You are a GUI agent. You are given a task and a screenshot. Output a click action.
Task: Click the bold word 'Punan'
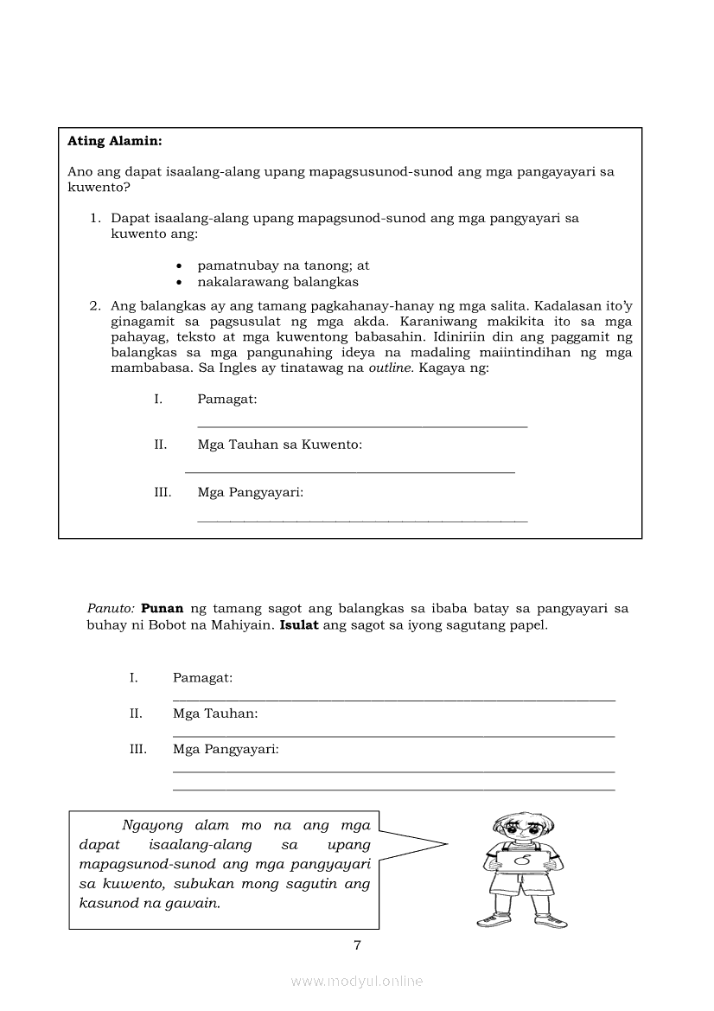(x=162, y=608)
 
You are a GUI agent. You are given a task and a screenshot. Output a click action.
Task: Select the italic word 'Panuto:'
(x=110, y=608)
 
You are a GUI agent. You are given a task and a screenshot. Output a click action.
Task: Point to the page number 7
(x=357, y=944)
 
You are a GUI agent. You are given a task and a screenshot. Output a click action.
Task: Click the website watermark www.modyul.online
(x=357, y=981)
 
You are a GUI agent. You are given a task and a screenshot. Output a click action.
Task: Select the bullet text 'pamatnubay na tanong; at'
(x=283, y=266)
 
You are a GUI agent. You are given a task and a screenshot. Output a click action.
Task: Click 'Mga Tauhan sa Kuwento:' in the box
(x=279, y=445)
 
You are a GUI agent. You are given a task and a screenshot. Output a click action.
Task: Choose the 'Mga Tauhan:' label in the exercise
(x=215, y=713)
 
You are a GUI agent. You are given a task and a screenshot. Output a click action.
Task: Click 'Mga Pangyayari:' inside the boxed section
(x=250, y=492)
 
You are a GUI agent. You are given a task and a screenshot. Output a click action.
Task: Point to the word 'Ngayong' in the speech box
(x=154, y=825)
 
